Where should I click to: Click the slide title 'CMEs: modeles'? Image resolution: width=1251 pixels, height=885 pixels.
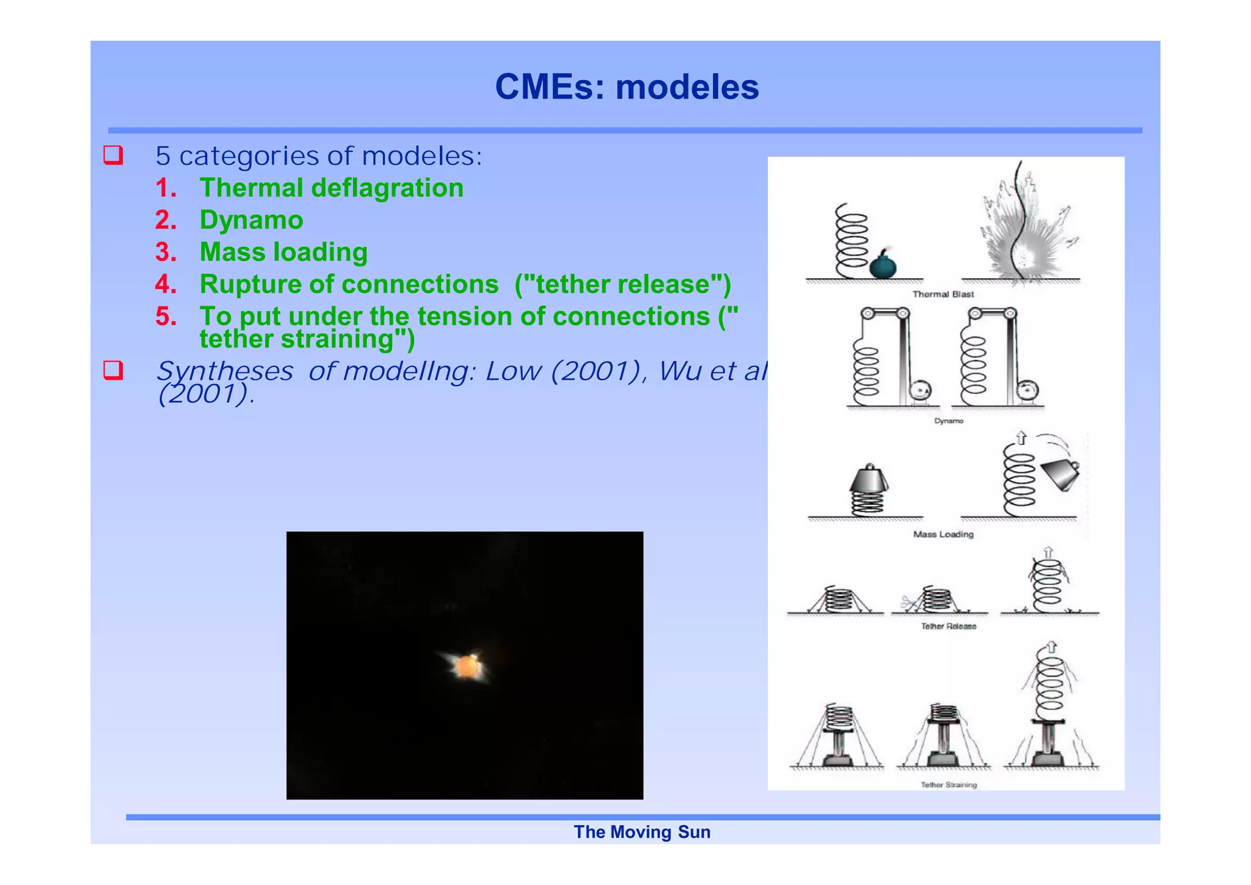point(627,87)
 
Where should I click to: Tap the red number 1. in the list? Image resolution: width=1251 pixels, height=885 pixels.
point(166,188)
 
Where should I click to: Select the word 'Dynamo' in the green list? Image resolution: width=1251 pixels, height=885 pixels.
point(251,220)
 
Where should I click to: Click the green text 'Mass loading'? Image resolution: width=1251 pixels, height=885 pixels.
point(283,252)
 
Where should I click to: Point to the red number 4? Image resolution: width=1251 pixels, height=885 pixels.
point(166,284)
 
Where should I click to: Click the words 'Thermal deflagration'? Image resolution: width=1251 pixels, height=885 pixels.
point(331,188)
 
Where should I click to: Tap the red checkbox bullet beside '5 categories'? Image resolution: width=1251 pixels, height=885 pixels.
point(114,155)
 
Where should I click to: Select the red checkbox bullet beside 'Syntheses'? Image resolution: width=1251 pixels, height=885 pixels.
point(114,370)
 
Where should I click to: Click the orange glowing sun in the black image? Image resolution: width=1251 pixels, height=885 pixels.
point(467,666)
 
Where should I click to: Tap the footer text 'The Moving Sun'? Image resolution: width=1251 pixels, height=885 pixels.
point(641,832)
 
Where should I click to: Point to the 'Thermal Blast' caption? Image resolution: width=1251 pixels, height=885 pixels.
point(943,295)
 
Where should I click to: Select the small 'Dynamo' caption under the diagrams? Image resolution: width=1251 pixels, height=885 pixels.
point(949,421)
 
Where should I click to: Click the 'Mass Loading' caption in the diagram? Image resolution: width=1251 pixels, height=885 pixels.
point(943,535)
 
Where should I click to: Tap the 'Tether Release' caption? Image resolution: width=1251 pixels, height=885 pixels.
point(948,626)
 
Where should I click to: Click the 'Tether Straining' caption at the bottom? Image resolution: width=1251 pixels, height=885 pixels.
point(949,785)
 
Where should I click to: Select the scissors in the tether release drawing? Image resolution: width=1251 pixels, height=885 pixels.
point(910,604)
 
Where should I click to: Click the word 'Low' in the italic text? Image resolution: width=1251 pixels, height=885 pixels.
point(512,371)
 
